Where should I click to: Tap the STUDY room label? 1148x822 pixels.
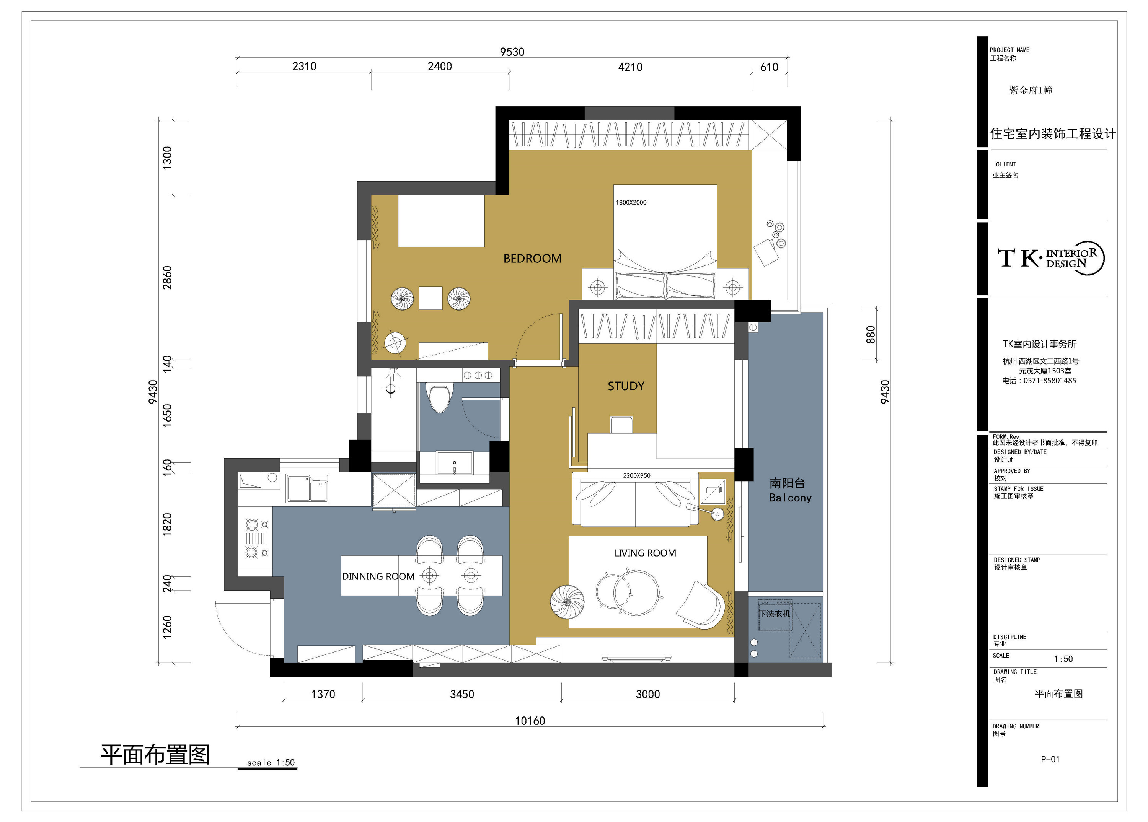pos(626,386)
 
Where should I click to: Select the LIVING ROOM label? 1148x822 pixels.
pos(646,553)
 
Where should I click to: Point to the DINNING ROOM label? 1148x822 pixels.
pos(378,576)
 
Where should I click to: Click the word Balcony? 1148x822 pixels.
pos(790,498)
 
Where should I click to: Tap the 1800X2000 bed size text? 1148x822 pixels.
pos(631,202)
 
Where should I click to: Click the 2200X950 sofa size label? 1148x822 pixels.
pos(637,475)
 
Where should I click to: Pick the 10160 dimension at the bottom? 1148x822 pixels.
pos(530,721)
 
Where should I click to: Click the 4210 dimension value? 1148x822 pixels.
pos(630,67)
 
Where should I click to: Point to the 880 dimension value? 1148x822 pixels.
pos(870,334)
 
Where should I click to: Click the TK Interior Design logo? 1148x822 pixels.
pos(1050,258)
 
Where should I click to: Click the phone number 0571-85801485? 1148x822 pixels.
pos(1050,380)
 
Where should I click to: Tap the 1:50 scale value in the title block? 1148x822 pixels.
pos(1063,659)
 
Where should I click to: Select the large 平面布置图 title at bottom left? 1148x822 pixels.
pos(155,754)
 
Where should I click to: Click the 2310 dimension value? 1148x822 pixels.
pos(304,66)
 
